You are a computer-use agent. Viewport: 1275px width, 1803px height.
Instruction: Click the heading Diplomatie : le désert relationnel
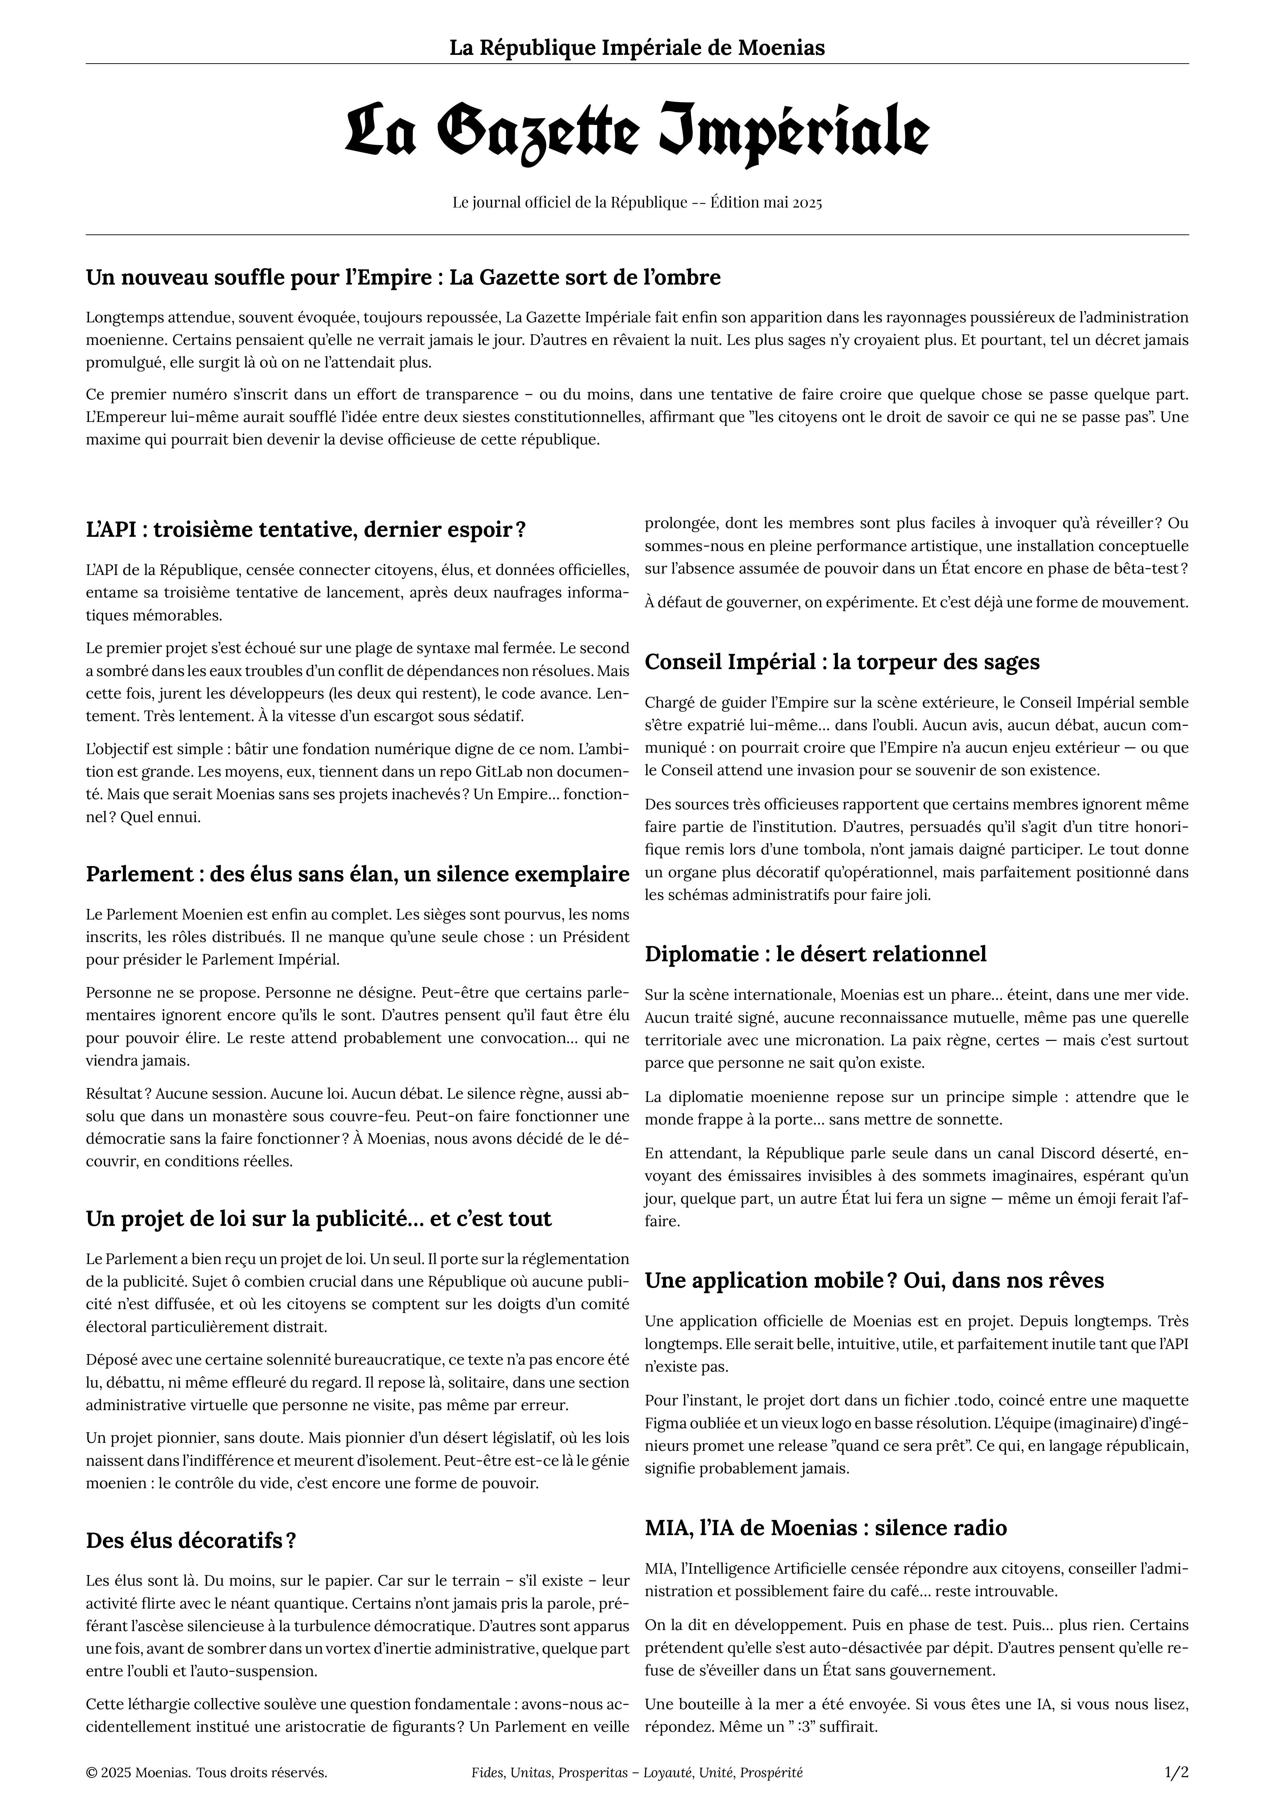click(x=815, y=954)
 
